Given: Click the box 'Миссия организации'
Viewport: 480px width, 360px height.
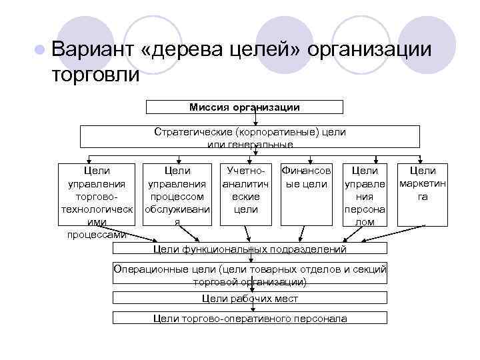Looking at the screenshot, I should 245,107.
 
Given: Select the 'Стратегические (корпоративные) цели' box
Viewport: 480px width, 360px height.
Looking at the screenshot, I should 249,137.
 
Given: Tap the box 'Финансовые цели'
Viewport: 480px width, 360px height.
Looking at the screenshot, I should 307,193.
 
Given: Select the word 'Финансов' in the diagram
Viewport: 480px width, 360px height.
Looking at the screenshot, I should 307,171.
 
